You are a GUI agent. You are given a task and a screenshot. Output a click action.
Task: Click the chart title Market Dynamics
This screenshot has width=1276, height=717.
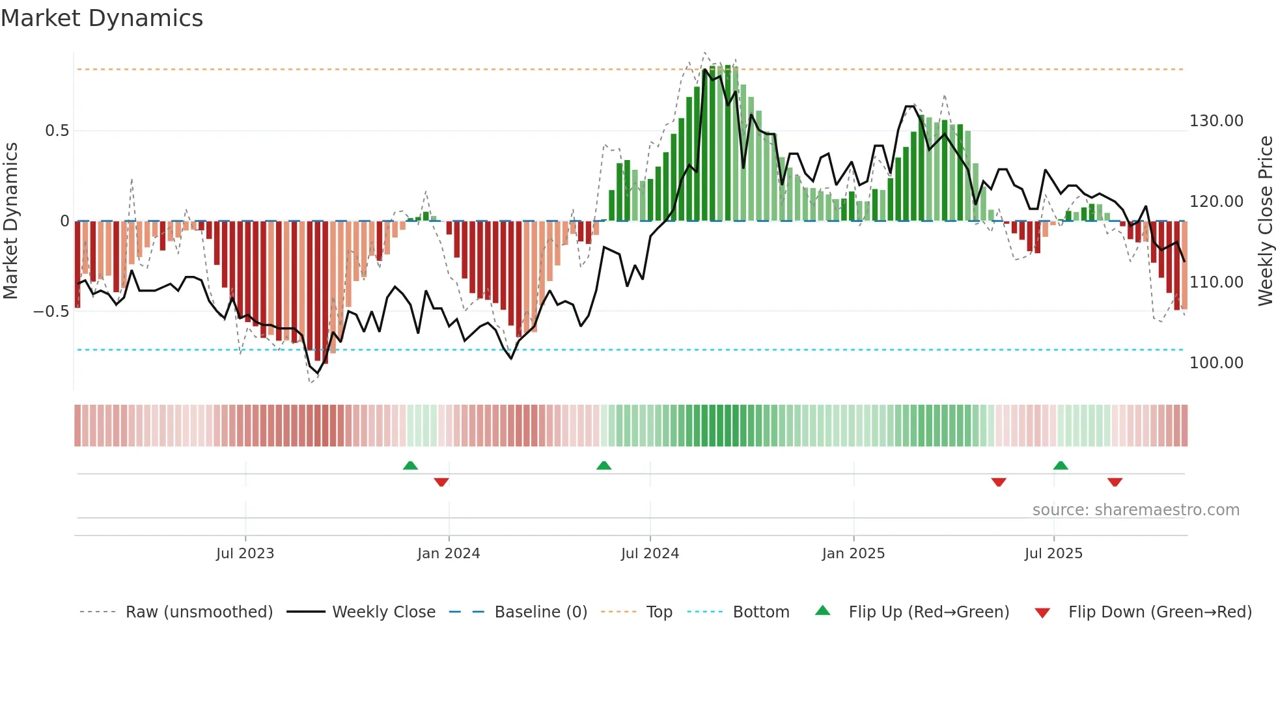click(102, 18)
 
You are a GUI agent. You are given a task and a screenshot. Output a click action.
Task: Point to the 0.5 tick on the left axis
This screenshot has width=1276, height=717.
click(57, 131)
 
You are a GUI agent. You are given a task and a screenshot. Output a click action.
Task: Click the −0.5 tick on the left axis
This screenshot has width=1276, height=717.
click(51, 312)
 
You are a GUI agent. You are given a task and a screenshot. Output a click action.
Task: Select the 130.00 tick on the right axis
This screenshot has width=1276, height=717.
click(1216, 121)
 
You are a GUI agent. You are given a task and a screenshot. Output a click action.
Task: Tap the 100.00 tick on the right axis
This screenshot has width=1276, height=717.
click(1216, 363)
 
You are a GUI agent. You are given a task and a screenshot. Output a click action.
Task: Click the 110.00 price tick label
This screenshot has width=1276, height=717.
click(1216, 282)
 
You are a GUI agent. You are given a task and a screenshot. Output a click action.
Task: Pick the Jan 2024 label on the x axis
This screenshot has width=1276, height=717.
click(449, 554)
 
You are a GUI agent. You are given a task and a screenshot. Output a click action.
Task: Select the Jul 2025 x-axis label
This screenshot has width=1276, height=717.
click(1053, 554)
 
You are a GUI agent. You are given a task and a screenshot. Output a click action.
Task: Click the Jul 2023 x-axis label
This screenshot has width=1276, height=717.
click(245, 554)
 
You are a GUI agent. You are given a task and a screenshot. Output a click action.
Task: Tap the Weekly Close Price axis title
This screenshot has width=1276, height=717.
click(1265, 221)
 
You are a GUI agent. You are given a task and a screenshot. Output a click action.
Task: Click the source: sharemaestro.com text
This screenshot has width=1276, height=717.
click(1135, 510)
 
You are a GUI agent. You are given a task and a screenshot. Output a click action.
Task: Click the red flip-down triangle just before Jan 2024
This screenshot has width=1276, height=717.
click(441, 482)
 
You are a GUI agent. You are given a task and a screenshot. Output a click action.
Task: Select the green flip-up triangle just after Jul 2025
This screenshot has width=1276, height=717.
click(1061, 465)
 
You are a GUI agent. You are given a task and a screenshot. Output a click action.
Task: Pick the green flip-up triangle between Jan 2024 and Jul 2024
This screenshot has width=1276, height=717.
click(603, 465)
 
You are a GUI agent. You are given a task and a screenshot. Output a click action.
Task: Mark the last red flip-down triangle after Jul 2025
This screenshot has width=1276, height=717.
click(1115, 482)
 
